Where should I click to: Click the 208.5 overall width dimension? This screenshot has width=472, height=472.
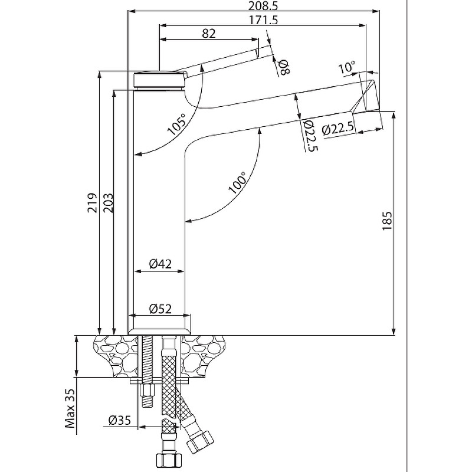(x=251, y=6)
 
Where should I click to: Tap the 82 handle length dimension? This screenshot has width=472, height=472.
(x=208, y=33)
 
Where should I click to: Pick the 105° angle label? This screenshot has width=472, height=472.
(x=176, y=124)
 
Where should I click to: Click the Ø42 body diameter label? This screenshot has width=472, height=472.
(x=159, y=264)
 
